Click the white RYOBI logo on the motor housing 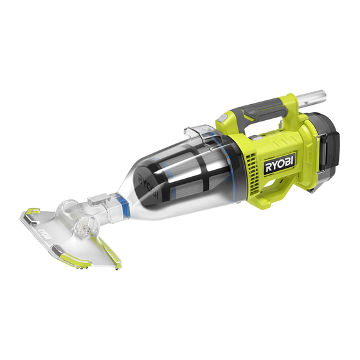click(x=280, y=164)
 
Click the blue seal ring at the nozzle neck click(x=122, y=201)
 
